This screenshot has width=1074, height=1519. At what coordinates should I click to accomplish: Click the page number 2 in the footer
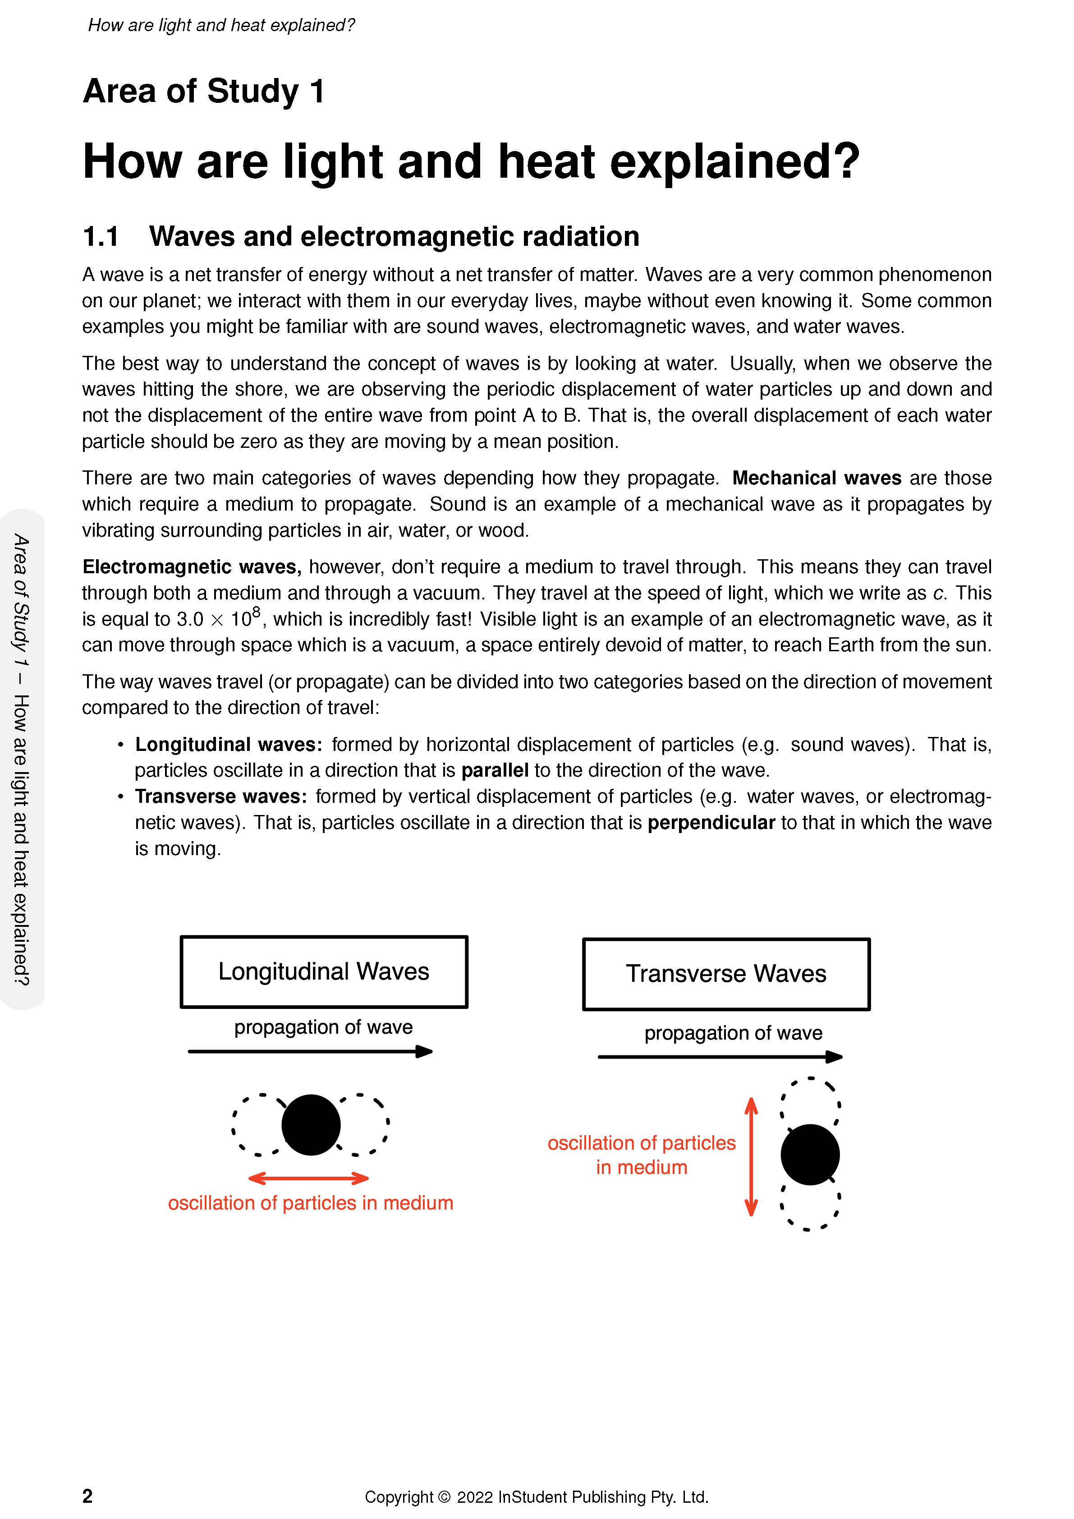click(x=87, y=1496)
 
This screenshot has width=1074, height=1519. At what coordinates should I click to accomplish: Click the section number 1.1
click(x=101, y=237)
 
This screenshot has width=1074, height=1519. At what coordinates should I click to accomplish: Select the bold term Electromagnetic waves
click(x=192, y=567)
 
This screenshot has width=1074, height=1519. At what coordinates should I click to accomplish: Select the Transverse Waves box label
click(x=725, y=974)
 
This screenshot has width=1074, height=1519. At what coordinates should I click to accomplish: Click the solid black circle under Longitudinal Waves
click(x=311, y=1125)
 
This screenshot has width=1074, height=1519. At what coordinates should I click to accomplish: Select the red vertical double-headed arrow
click(x=751, y=1156)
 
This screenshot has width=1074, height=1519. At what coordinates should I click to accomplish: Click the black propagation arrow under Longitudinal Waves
click(x=309, y=1051)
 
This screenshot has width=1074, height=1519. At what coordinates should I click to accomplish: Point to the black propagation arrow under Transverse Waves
click(x=720, y=1057)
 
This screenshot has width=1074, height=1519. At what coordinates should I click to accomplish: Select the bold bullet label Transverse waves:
click(x=221, y=796)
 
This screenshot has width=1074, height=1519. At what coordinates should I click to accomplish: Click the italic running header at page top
click(x=221, y=25)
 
